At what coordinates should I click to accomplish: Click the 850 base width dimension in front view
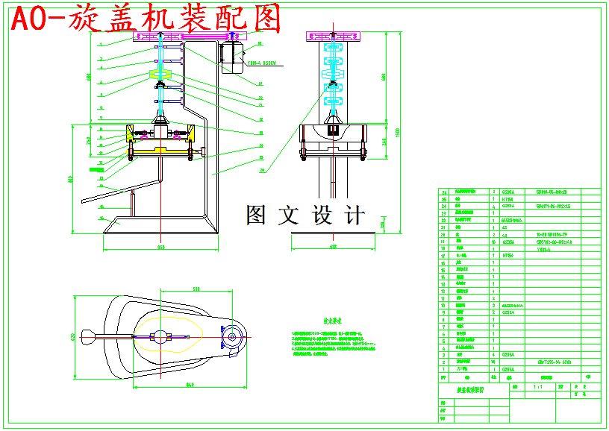click(x=160, y=246)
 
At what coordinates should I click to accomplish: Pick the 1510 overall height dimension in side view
click(x=398, y=132)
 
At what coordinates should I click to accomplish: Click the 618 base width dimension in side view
click(x=332, y=246)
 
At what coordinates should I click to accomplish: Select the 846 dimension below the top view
click(x=190, y=385)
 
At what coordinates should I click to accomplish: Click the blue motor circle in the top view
click(x=232, y=337)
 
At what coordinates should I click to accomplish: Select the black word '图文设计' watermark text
click(x=306, y=215)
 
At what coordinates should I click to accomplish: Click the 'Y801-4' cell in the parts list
click(x=543, y=250)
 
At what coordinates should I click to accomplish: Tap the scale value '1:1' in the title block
click(x=537, y=387)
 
